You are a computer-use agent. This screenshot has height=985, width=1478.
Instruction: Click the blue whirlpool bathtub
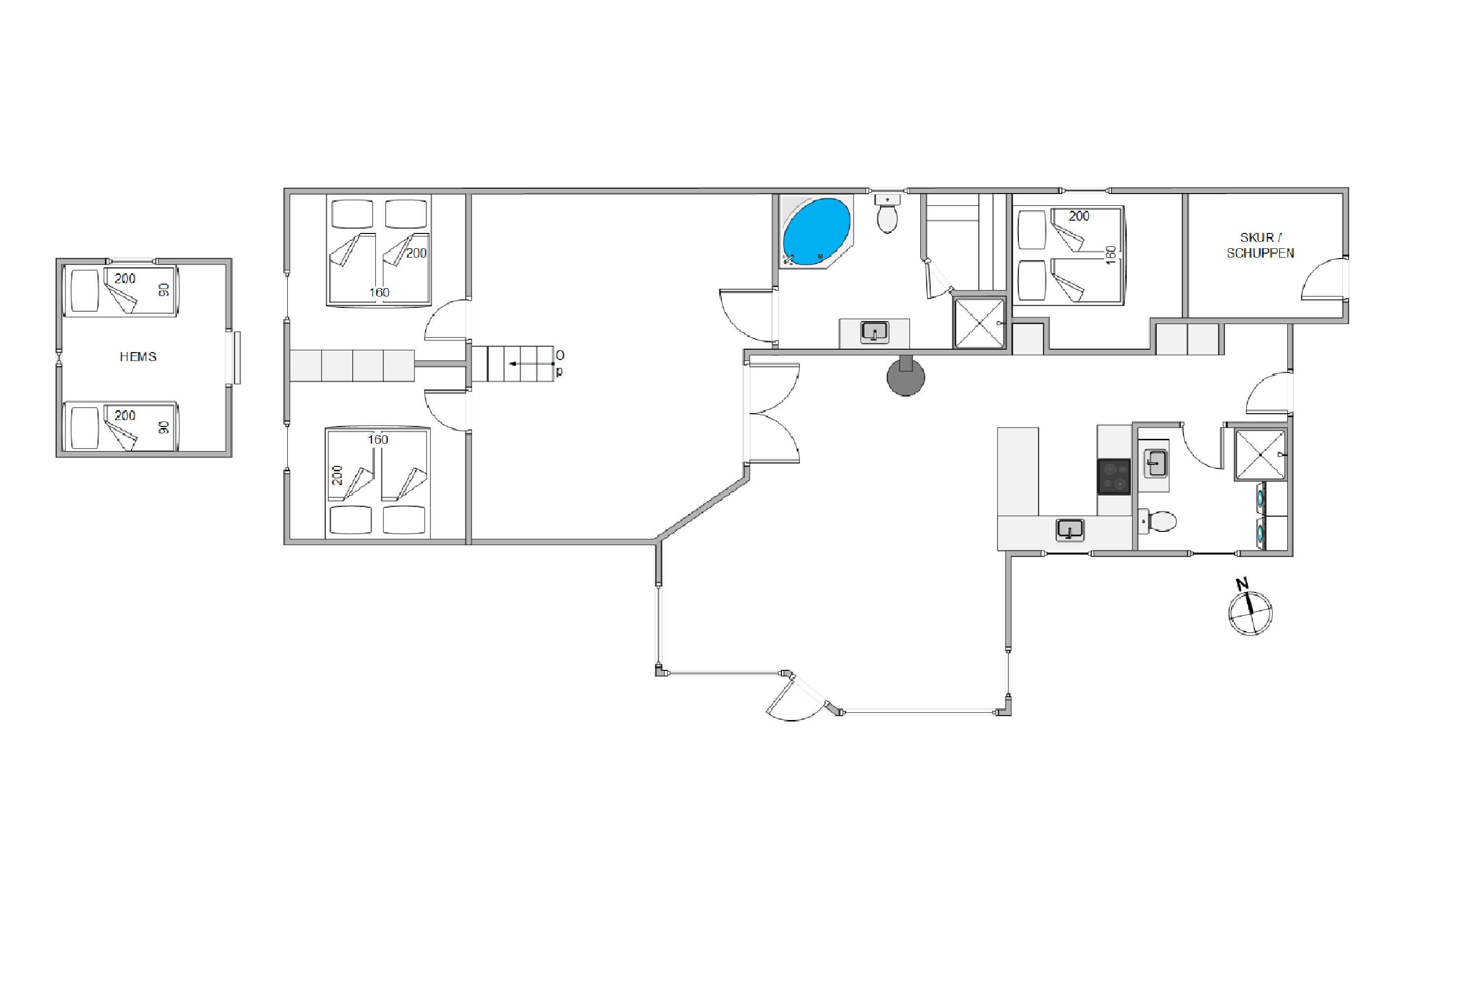pyautogui.click(x=816, y=231)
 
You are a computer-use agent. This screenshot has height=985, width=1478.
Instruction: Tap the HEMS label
pyautogui.click(x=138, y=357)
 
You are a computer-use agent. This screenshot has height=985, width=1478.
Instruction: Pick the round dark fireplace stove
pyautogui.click(x=906, y=377)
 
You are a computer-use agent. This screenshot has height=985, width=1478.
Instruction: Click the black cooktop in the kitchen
pyautogui.click(x=1114, y=476)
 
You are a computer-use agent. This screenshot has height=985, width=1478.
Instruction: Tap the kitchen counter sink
pyautogui.click(x=1070, y=529)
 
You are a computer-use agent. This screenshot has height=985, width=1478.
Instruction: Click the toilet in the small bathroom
pyautogui.click(x=1157, y=521)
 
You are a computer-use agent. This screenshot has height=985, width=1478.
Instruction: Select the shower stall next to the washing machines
pyautogui.click(x=1260, y=455)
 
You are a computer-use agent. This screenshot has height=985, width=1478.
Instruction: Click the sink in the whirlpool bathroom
pyautogui.click(x=874, y=331)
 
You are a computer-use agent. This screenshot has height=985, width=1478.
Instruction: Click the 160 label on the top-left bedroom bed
pyautogui.click(x=379, y=292)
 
